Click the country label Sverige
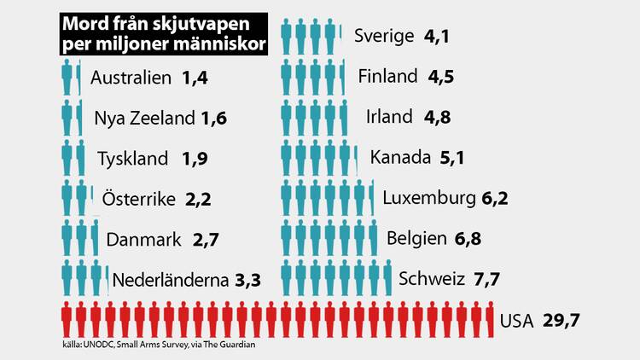[383, 36]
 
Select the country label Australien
[131, 79]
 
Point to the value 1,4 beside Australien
[195, 79]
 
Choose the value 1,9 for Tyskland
[195, 159]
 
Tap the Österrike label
[138, 199]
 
